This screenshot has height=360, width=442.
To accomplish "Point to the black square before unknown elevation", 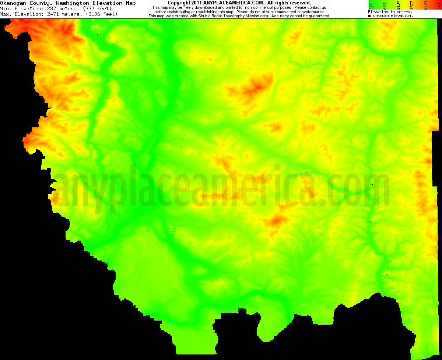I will pyautogui.click(x=369, y=16).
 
